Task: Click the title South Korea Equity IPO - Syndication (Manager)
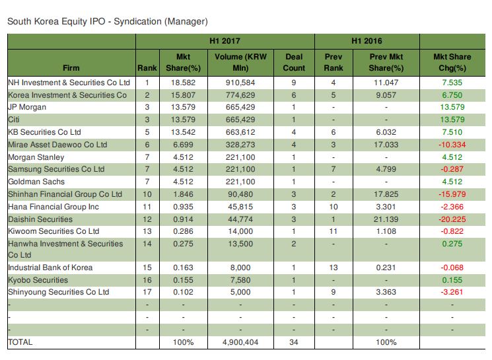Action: coord(107,22)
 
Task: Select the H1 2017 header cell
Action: coord(225,41)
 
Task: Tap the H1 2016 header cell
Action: coord(367,41)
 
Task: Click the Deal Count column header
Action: coord(294,62)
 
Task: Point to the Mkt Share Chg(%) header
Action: coord(452,62)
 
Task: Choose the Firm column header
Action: coord(71,67)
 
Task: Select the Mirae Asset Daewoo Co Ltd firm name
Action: coord(57,145)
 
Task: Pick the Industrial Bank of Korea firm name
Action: coord(50,268)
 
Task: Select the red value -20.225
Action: coord(452,219)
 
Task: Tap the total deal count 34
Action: coord(294,342)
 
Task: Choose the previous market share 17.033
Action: coord(386,145)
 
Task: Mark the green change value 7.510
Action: coord(452,132)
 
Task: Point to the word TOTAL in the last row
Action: coord(20,342)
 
